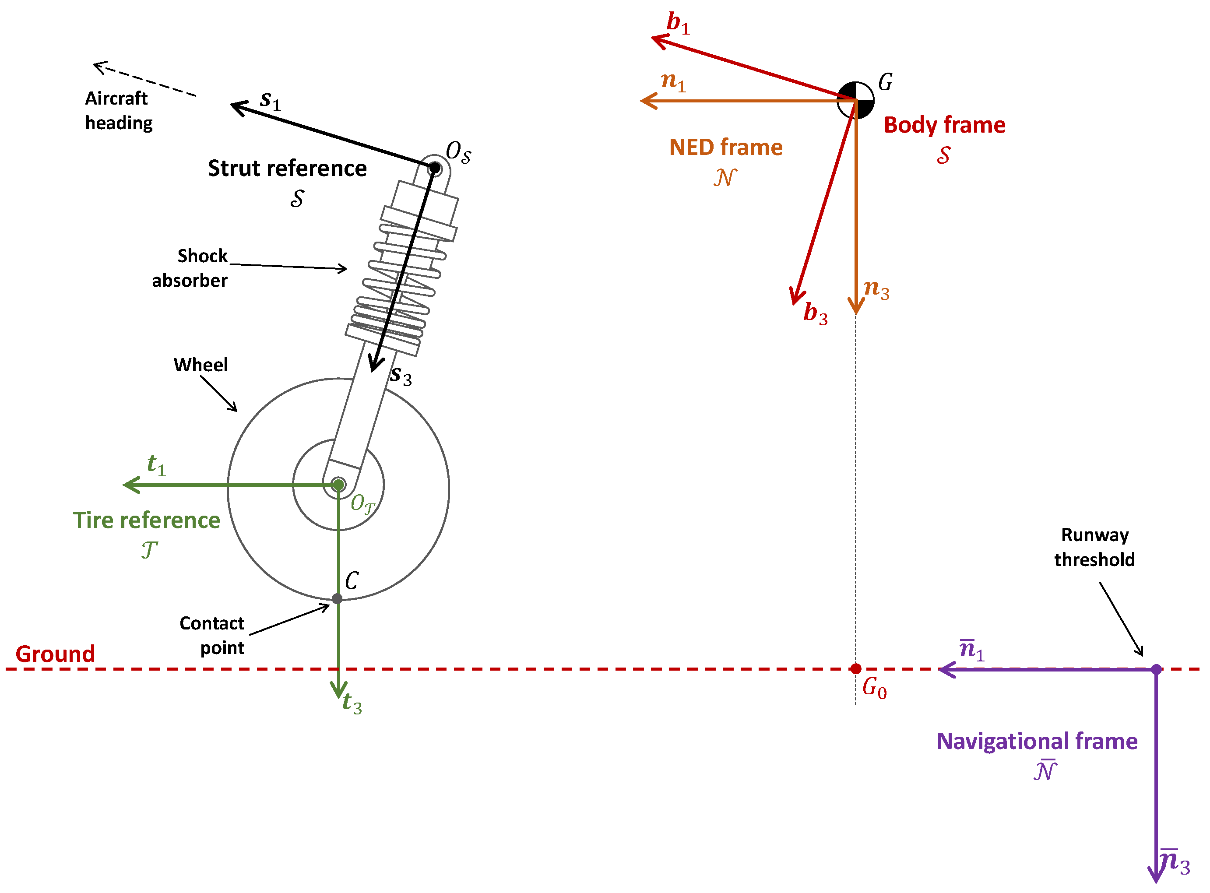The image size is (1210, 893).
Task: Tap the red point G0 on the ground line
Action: (856, 669)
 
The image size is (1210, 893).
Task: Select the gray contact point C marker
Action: (338, 599)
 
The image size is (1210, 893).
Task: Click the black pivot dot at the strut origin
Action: (435, 168)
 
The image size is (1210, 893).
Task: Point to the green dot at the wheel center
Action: (338, 485)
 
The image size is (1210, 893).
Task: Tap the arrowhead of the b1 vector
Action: (655, 39)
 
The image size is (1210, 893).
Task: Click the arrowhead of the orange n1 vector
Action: (644, 101)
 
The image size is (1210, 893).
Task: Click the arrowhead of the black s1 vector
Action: (235, 104)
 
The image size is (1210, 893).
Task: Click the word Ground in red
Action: (55, 654)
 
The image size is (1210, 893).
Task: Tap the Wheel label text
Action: (200, 365)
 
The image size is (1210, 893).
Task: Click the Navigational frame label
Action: (1037, 741)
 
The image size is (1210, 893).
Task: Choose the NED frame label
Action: (725, 147)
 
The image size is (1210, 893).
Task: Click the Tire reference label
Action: (147, 520)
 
